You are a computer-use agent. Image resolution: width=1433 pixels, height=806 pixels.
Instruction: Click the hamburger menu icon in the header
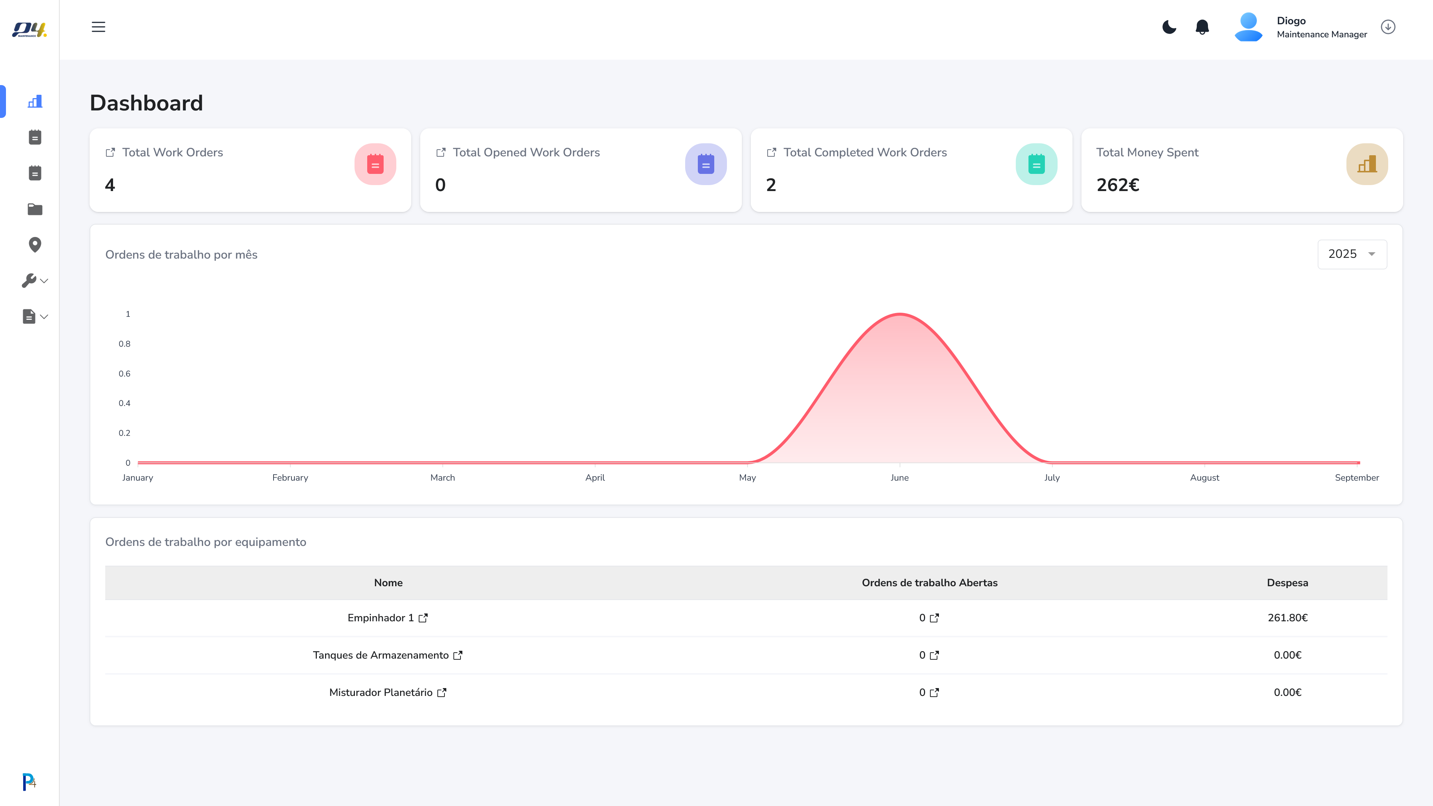click(99, 27)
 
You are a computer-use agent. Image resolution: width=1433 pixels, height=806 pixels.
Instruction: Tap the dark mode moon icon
click(1169, 27)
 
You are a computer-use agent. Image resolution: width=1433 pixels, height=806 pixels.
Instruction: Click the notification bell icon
click(1202, 27)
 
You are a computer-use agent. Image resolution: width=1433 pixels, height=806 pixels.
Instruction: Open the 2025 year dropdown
click(1352, 254)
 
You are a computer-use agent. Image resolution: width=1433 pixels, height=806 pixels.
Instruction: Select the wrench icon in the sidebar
click(29, 280)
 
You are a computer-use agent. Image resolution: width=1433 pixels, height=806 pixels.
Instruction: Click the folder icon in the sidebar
click(34, 209)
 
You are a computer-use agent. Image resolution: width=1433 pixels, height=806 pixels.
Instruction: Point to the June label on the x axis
click(899, 478)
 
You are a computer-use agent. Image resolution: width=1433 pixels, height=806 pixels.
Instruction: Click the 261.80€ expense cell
click(1287, 618)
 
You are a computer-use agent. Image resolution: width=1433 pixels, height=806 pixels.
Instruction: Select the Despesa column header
click(1287, 583)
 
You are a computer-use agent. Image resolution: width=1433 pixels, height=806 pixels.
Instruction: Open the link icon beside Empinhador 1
click(423, 618)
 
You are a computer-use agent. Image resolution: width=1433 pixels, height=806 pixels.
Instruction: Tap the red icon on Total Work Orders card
click(375, 164)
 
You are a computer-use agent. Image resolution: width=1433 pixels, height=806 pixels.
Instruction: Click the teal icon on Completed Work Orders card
click(1036, 164)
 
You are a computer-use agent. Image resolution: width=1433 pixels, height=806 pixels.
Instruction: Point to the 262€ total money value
click(1118, 185)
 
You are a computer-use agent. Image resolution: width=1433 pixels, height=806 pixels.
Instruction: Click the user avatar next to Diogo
click(1248, 27)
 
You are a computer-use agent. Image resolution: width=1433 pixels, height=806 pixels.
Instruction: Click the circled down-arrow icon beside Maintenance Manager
click(1388, 27)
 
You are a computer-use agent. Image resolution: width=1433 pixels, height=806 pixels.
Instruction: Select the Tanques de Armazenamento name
click(381, 655)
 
